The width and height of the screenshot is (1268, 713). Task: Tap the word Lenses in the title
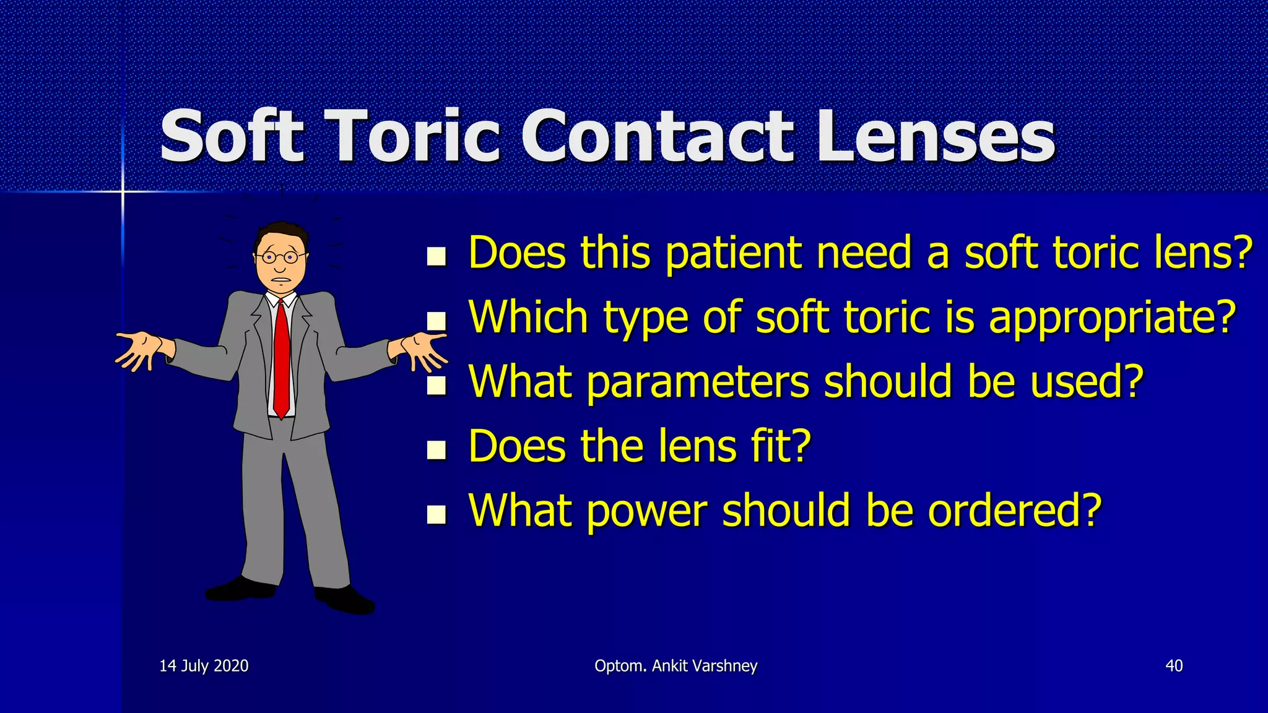click(936, 136)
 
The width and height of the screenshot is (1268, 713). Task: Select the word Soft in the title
click(233, 136)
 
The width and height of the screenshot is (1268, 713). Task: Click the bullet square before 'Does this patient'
click(436, 256)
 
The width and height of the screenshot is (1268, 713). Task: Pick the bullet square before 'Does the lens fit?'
click(436, 449)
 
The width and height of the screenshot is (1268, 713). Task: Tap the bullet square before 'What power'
click(436, 514)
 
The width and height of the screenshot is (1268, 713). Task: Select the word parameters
click(697, 382)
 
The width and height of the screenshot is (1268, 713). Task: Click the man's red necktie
click(282, 359)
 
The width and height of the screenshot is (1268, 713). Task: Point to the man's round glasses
click(279, 256)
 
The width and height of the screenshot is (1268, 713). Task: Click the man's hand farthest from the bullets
click(139, 350)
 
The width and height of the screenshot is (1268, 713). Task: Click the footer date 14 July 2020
click(204, 666)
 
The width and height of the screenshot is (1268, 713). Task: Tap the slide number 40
click(1174, 666)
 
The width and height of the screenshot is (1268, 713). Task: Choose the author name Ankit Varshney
click(705, 666)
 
